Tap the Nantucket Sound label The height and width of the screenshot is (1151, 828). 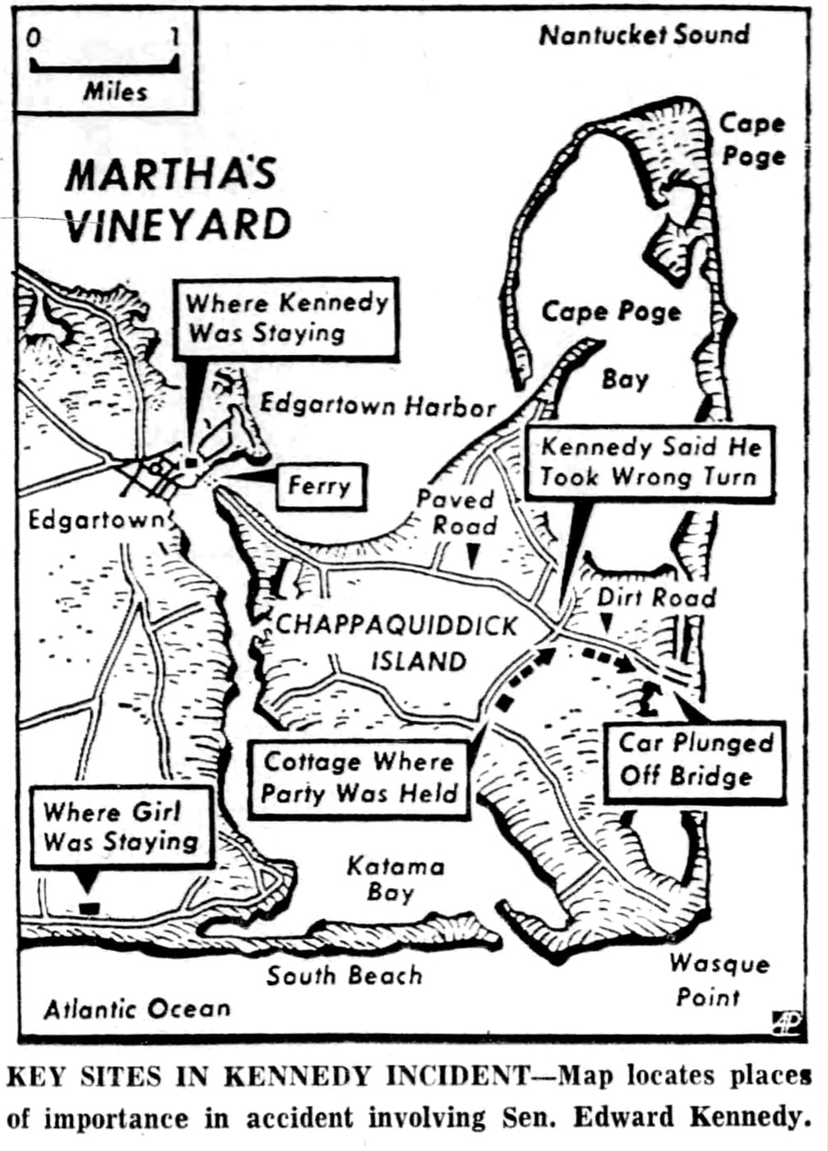[x=644, y=35]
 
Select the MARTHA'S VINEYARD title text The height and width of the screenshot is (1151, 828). [x=177, y=200]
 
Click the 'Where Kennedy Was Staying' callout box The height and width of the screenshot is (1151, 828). [x=286, y=318]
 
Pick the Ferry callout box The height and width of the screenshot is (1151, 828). [x=319, y=486]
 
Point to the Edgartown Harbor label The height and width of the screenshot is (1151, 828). [x=377, y=405]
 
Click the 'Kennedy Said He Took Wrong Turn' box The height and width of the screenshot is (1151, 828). [x=650, y=462]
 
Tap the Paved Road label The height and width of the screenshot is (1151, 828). [x=456, y=512]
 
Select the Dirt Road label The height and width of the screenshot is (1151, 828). [x=656, y=597]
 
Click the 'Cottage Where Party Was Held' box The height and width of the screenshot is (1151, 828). [x=359, y=778]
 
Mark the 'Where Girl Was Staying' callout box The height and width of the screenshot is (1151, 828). [x=122, y=826]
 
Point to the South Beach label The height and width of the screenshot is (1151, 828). [x=344, y=976]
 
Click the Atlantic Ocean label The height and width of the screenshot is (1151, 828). [x=136, y=1009]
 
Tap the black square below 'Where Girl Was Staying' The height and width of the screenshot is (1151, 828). [x=88, y=908]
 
